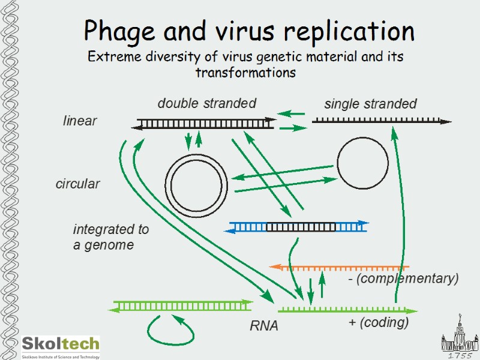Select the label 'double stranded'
[206, 103]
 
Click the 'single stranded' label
[370, 104]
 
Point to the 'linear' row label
[80, 121]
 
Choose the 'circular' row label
[77, 184]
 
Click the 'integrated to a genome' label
[110, 237]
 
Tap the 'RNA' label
[264, 326]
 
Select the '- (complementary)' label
[403, 279]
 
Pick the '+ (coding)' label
[379, 323]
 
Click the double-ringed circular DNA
[196, 184]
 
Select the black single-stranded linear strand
[382, 121]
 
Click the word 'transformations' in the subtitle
[246, 73]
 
